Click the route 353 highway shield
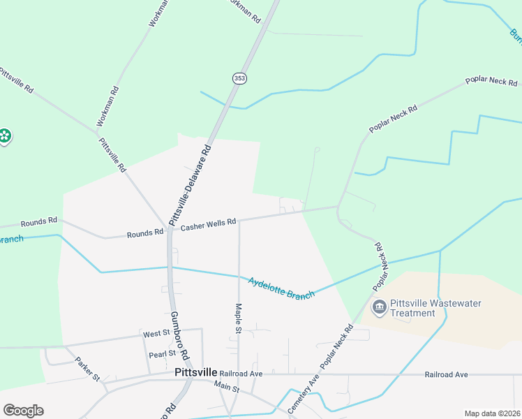coord(239,79)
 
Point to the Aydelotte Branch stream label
coord(281,288)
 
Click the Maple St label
coord(237,317)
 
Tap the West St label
coord(156,334)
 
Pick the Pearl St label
coord(162,353)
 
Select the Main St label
coord(227,388)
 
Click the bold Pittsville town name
coord(195,373)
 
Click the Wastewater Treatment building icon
coord(379,307)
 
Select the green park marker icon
coord(4,135)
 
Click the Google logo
coord(23,411)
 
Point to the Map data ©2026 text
coord(493,413)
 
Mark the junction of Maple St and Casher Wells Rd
coord(239,222)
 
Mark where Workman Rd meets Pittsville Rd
coord(98,131)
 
